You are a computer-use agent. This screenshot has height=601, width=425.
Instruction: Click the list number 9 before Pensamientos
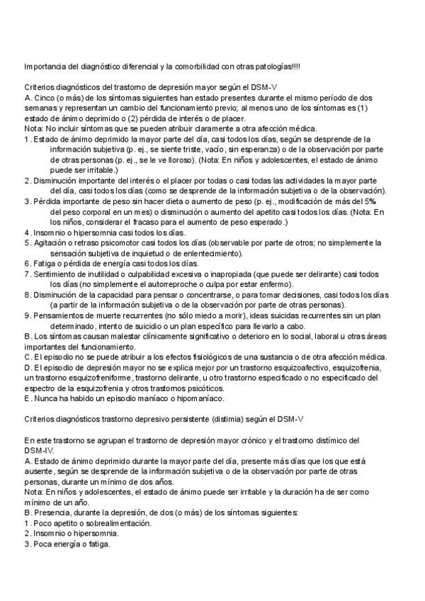(26, 315)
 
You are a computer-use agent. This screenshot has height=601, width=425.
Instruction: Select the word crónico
(256, 441)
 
